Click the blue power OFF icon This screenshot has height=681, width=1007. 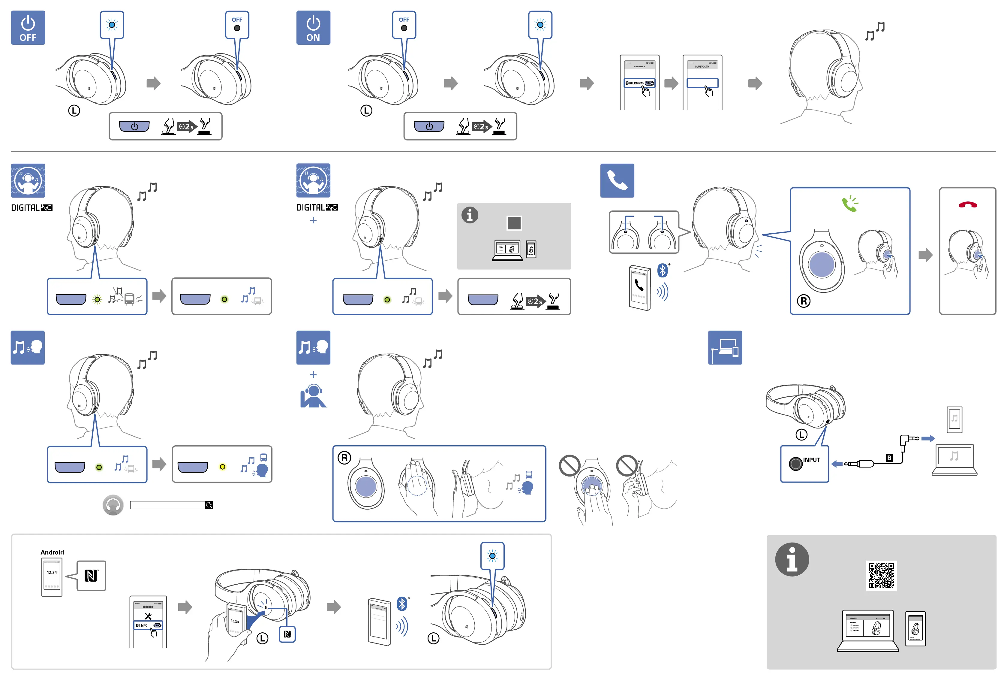pyautogui.click(x=28, y=28)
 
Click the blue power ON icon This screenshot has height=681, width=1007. pyautogui.click(x=313, y=28)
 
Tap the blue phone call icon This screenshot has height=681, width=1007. pyautogui.click(x=617, y=180)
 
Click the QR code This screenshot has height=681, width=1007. pyautogui.click(x=881, y=575)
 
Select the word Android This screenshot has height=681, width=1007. pyautogui.click(x=52, y=552)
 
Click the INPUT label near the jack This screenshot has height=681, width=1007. pyautogui.click(x=811, y=460)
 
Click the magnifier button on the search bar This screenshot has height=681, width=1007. pyautogui.click(x=209, y=505)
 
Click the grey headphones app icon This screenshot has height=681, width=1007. pyautogui.click(x=113, y=505)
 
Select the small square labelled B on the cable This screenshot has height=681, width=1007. pyautogui.click(x=889, y=458)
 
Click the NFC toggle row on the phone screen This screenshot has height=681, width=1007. pyautogui.click(x=148, y=625)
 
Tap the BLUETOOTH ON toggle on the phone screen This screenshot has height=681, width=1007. pyautogui.click(x=639, y=83)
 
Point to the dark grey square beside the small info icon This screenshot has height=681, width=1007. pyautogui.click(x=514, y=223)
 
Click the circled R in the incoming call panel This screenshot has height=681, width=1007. pyautogui.click(x=803, y=301)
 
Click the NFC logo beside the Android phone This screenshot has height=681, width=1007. pyautogui.click(x=91, y=576)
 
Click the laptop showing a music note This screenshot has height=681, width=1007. pyautogui.click(x=954, y=459)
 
